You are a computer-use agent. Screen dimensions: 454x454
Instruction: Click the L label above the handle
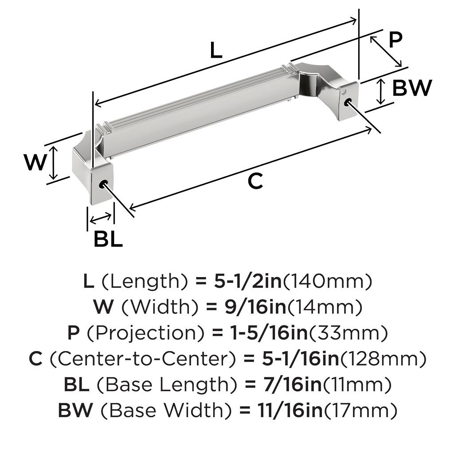coord(216,50)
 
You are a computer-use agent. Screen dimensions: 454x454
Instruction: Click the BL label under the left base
coord(108,239)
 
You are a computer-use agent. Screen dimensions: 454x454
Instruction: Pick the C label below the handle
coord(255,181)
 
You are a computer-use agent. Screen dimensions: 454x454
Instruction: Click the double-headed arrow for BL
coord(101,218)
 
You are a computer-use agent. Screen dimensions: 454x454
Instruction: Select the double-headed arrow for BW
coord(381,91)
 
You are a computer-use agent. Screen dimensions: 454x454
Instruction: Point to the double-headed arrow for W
coord(54,163)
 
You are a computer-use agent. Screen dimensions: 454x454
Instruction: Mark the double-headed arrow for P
coord(386,51)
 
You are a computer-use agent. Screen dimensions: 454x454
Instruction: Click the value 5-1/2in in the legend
coord(247,281)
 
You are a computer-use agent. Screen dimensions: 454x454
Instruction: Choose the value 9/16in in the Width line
coord(255,307)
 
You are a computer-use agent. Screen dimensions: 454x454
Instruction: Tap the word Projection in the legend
coord(146,333)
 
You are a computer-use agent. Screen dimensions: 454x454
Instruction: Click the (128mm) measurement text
coord(383,359)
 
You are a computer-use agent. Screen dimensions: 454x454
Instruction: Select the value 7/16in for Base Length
coord(293,384)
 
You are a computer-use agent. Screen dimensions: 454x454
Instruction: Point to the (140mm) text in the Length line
coord(327,281)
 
